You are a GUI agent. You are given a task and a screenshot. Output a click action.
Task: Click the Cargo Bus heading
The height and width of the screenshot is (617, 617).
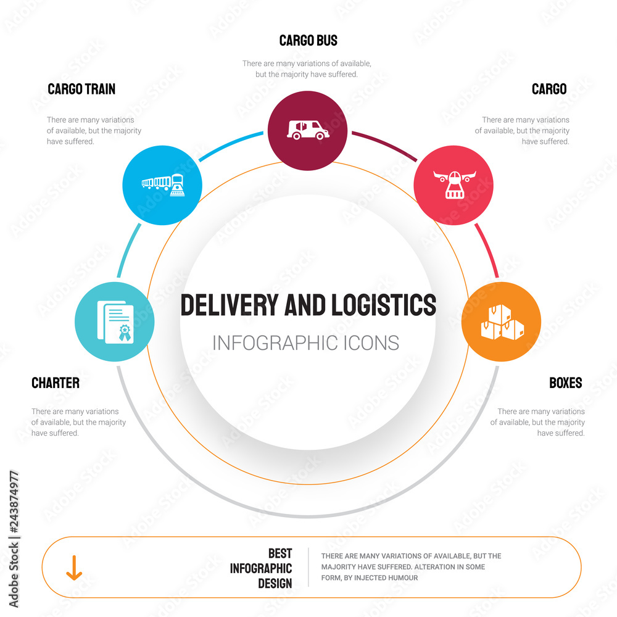308,41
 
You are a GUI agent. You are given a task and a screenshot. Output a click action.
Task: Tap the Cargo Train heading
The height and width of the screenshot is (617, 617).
81,89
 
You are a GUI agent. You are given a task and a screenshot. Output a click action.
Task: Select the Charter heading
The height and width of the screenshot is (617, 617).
56,383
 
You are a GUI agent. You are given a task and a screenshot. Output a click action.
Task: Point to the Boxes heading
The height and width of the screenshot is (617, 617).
565,383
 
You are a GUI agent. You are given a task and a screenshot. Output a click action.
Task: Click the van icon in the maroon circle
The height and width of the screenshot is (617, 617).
308,130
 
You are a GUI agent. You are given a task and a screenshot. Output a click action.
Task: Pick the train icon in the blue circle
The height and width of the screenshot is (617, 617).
163,184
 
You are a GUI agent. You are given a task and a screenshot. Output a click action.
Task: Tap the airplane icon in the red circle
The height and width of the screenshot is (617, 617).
453,184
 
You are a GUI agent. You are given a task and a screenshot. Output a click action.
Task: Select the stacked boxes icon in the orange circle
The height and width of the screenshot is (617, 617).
502,323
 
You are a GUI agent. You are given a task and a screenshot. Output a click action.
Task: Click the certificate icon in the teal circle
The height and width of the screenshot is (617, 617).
114,321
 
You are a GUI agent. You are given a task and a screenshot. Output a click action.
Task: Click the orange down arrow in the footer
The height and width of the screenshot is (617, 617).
74,567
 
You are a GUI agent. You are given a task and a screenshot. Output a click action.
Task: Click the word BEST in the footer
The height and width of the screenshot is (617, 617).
280,553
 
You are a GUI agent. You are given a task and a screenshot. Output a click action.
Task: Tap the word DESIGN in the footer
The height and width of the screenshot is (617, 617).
275,583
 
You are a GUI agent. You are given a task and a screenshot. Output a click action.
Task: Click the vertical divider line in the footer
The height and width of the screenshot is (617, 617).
308,567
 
